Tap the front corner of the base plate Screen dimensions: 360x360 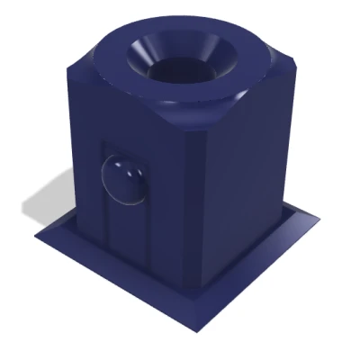(x=194, y=328)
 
